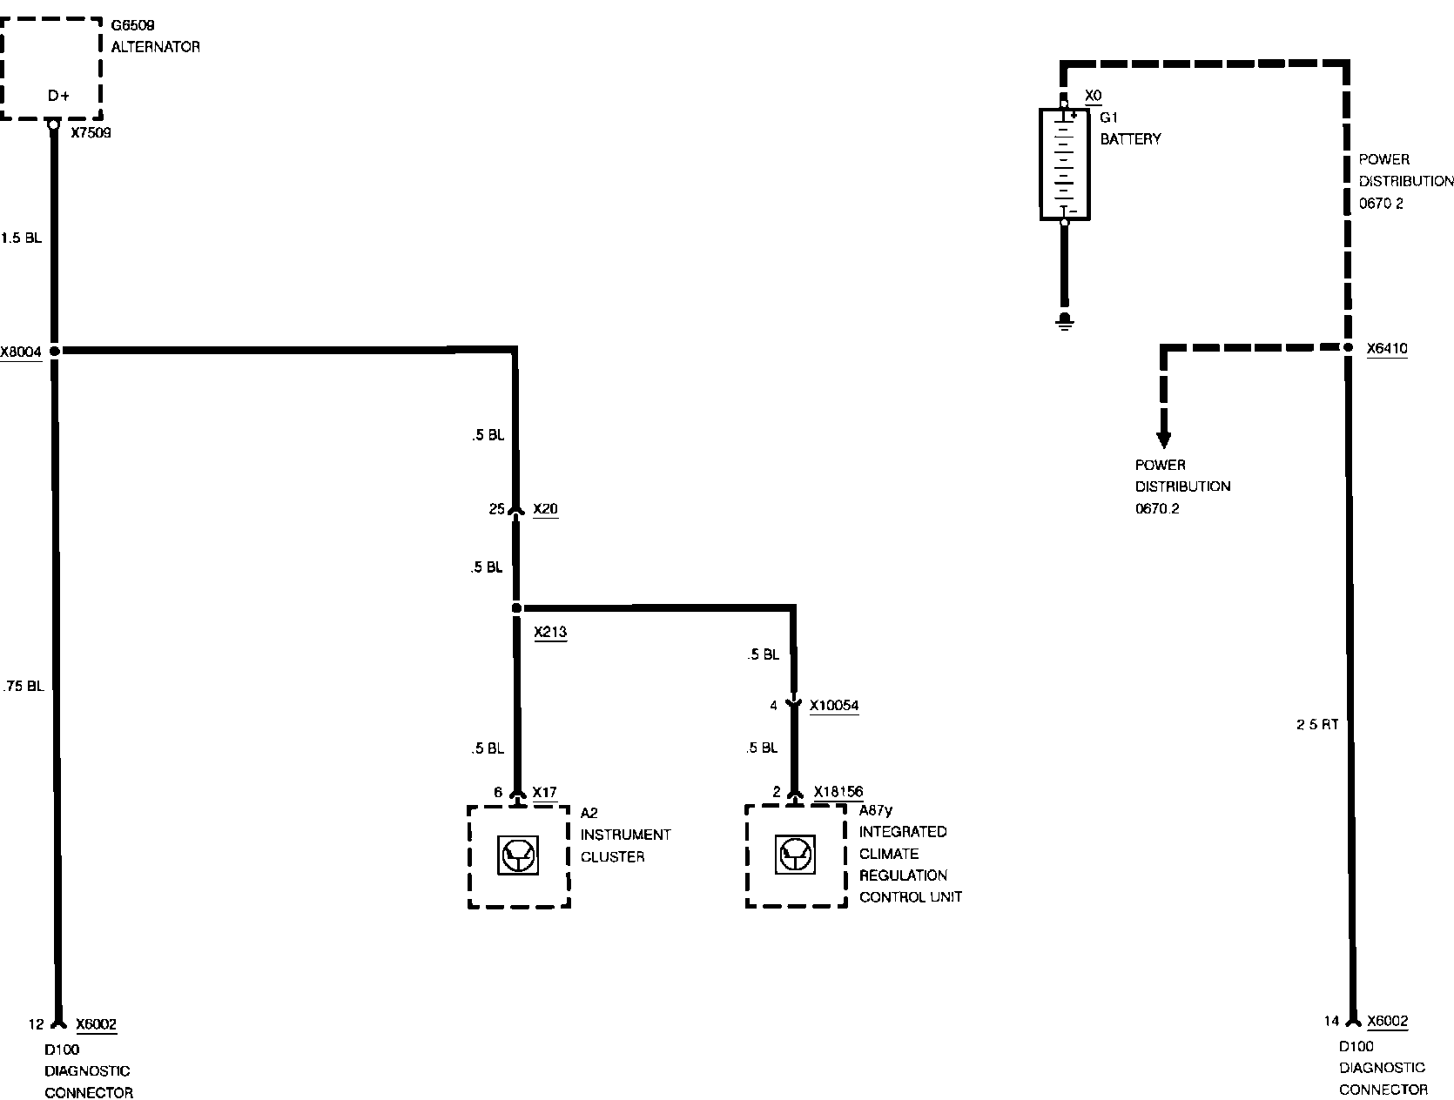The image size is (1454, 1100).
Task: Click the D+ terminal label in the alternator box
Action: coord(58,96)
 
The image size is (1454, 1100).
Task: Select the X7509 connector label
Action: coord(91,134)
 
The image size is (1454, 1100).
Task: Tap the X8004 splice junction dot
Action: coord(54,351)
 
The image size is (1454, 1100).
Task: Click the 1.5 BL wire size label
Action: coord(21,238)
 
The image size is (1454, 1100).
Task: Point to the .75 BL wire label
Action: coord(23,686)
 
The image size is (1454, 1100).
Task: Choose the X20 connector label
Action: coord(545,509)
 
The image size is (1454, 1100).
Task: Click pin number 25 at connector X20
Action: coord(496,509)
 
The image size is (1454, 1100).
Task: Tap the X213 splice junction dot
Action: coord(516,607)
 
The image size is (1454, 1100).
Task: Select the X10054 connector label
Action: coord(834,705)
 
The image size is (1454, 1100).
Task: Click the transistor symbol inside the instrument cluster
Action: coord(519,855)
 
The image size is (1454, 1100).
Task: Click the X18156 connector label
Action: coord(838,791)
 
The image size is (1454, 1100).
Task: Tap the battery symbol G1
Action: coord(1064,164)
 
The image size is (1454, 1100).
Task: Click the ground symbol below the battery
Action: coord(1064,322)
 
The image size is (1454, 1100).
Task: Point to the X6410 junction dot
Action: coord(1347,348)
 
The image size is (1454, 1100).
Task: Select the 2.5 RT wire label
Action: coord(1316,725)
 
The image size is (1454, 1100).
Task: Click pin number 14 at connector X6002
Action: coord(1331,1022)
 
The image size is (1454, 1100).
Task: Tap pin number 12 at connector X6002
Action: coord(36,1024)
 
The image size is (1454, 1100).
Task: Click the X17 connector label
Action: coord(544,792)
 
